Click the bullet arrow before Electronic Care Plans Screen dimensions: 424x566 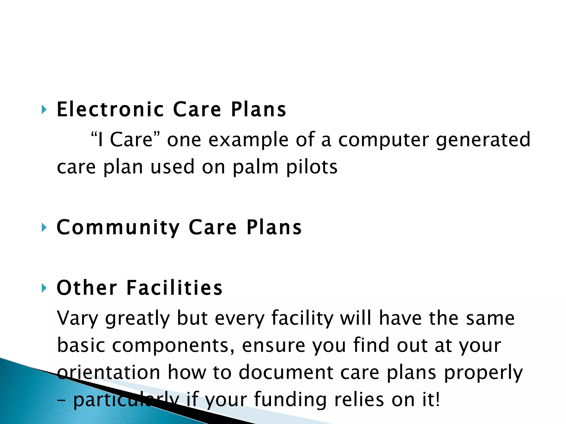(44, 110)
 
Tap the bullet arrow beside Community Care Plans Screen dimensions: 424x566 (44, 228)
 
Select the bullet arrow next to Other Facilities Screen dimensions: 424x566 (44, 288)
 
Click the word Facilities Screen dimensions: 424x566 (174, 288)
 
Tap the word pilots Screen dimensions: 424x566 (312, 167)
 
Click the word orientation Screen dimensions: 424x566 (109, 372)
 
